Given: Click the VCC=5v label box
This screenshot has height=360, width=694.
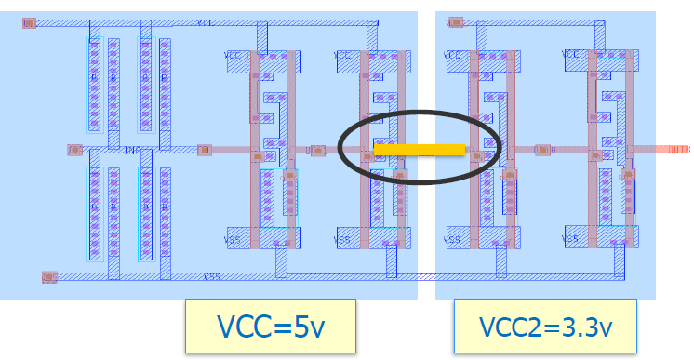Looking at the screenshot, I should coord(271,327).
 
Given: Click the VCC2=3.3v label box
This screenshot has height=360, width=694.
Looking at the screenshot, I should coord(544,327).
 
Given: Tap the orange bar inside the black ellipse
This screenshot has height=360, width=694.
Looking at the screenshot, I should coord(419,149).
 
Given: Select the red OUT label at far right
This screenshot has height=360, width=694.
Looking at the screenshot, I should coord(678,148).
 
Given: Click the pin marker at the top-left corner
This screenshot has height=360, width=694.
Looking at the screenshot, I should coord(30,23).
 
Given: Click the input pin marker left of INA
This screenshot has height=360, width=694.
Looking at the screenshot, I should coord(75,149).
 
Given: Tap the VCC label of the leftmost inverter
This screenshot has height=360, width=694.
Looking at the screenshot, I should coord(234,56).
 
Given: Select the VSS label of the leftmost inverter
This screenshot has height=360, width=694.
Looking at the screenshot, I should coord(234,239).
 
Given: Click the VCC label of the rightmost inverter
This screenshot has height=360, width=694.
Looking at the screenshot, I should coord(570,56).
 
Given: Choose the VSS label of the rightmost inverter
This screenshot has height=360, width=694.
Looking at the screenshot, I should coord(570,239).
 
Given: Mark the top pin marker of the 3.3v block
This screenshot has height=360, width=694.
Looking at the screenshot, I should coord(455,22).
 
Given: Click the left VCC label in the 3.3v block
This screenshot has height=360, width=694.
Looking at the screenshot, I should coord(453,56).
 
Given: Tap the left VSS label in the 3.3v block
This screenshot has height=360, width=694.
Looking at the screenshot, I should coord(453,239).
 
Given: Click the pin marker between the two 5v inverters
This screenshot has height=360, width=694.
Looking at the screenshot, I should coord(315,149).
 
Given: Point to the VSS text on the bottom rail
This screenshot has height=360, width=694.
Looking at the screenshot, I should coord(211,276).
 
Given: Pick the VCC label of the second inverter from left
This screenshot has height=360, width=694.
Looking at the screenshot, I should coord(345,56).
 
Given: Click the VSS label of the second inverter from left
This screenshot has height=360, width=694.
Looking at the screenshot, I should coord(343,239).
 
